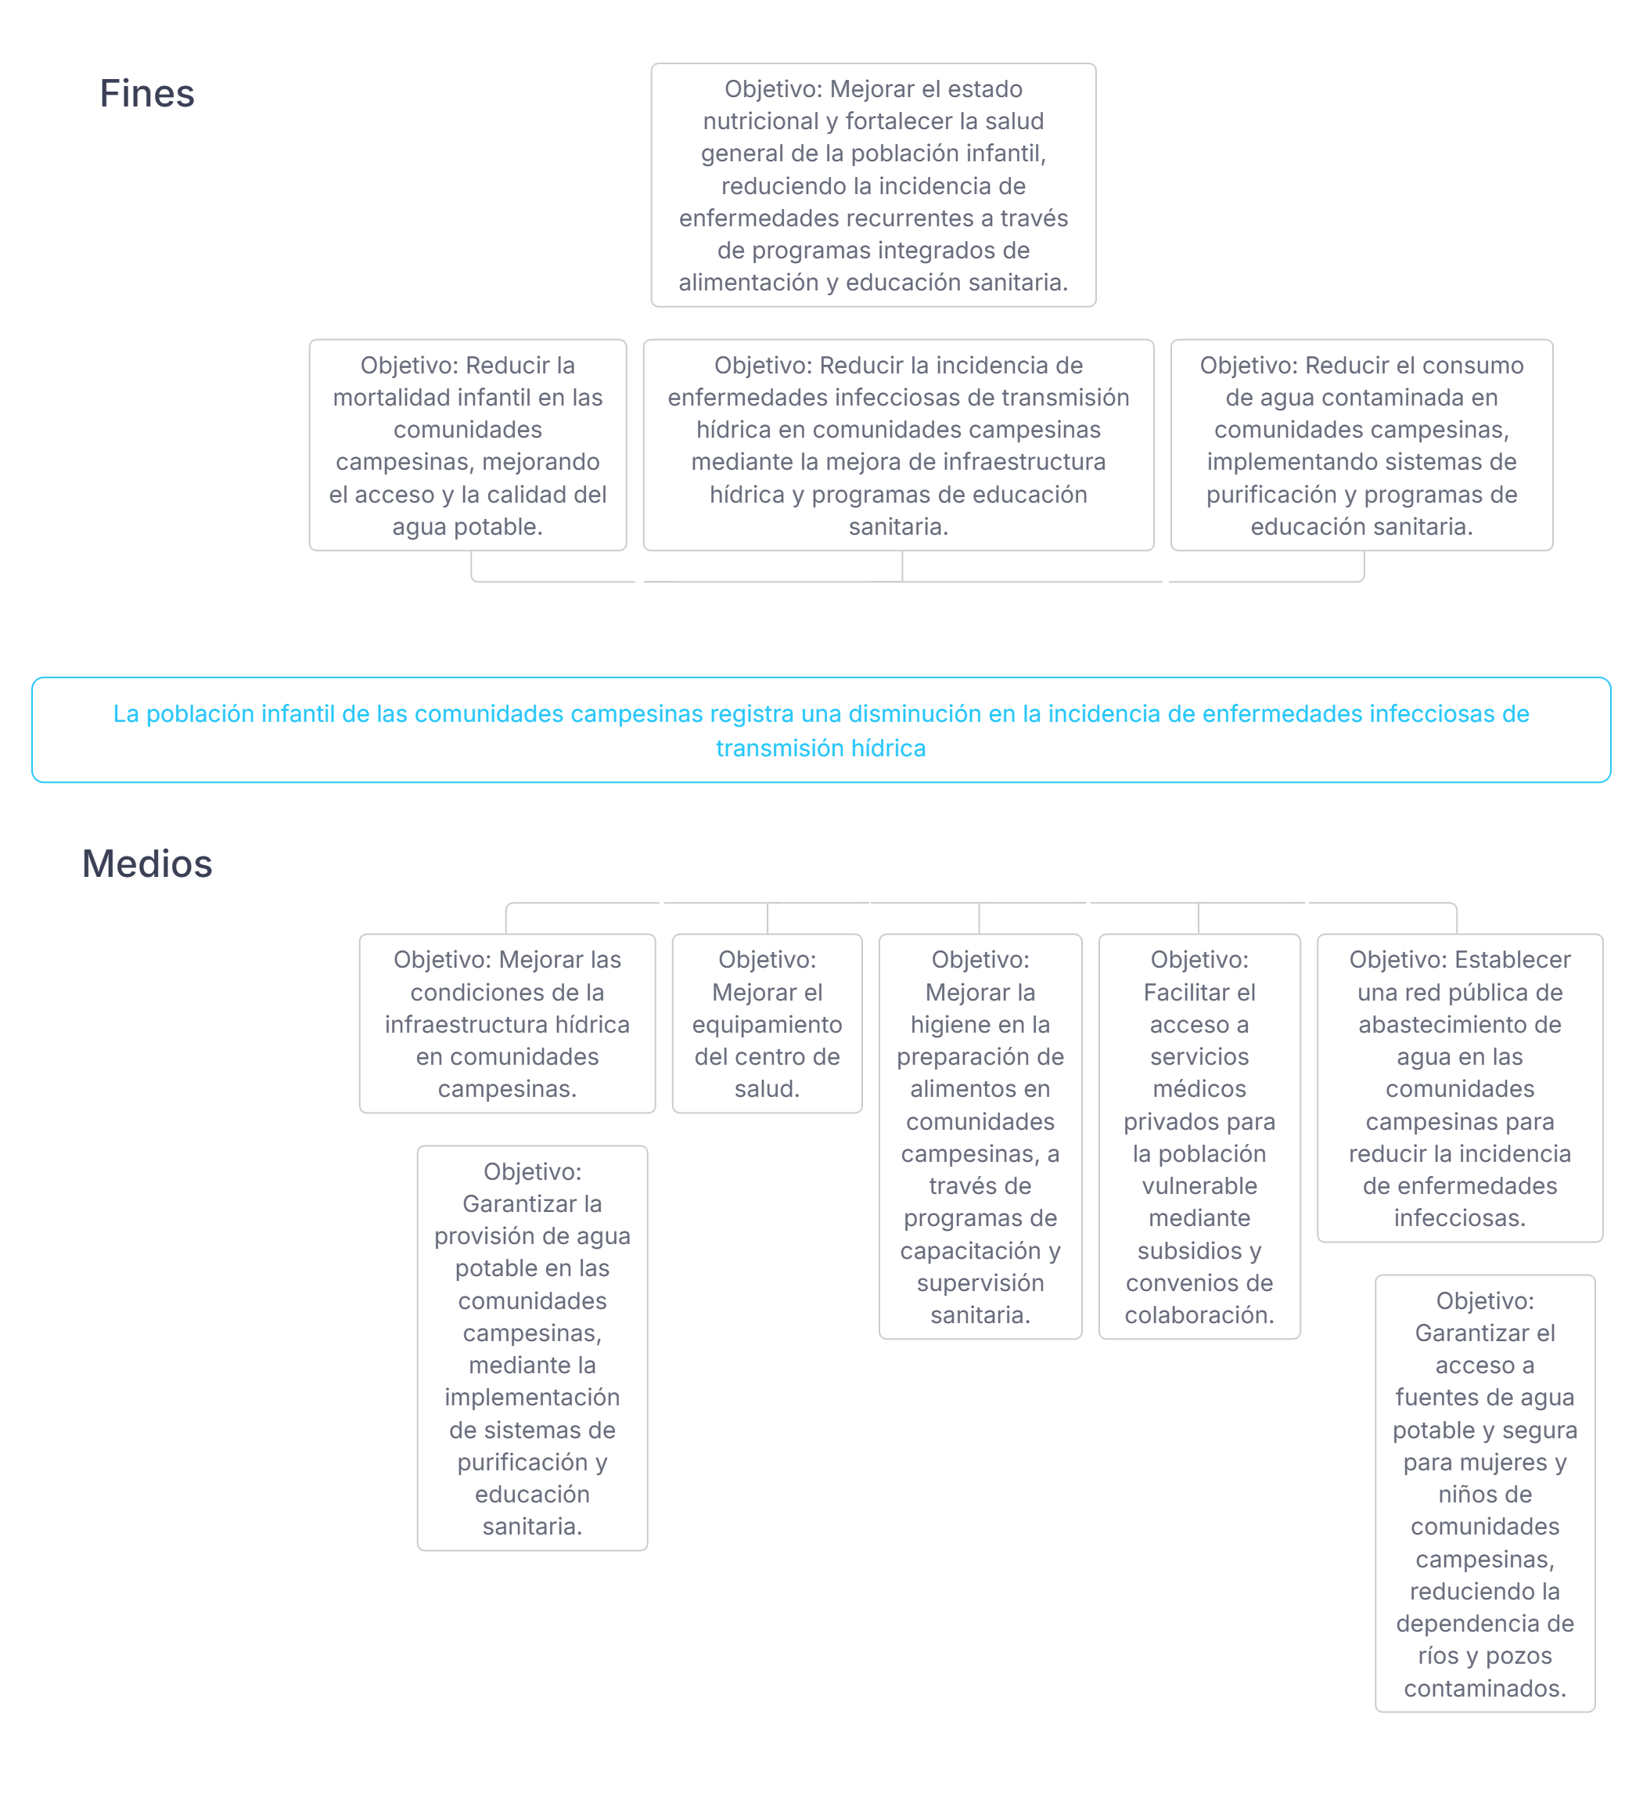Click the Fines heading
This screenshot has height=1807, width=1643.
(x=147, y=93)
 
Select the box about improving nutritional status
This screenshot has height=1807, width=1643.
(x=872, y=185)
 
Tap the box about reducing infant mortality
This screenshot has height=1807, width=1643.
(x=468, y=445)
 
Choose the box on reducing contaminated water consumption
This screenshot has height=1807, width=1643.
(x=1361, y=445)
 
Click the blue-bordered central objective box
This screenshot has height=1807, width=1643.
(x=821, y=730)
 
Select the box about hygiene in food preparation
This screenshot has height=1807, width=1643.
(x=980, y=1137)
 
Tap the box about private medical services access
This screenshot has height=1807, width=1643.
(x=1199, y=1137)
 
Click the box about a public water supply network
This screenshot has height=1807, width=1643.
(x=1459, y=1088)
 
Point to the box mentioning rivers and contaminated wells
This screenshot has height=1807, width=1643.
(x=1484, y=1493)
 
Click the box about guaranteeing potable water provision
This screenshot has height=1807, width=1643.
(x=532, y=1348)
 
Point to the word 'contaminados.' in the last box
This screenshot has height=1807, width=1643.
(x=1484, y=1689)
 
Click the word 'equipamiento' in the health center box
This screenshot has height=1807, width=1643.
(x=767, y=1025)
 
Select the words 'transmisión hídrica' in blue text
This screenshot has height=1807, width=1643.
(x=821, y=748)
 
